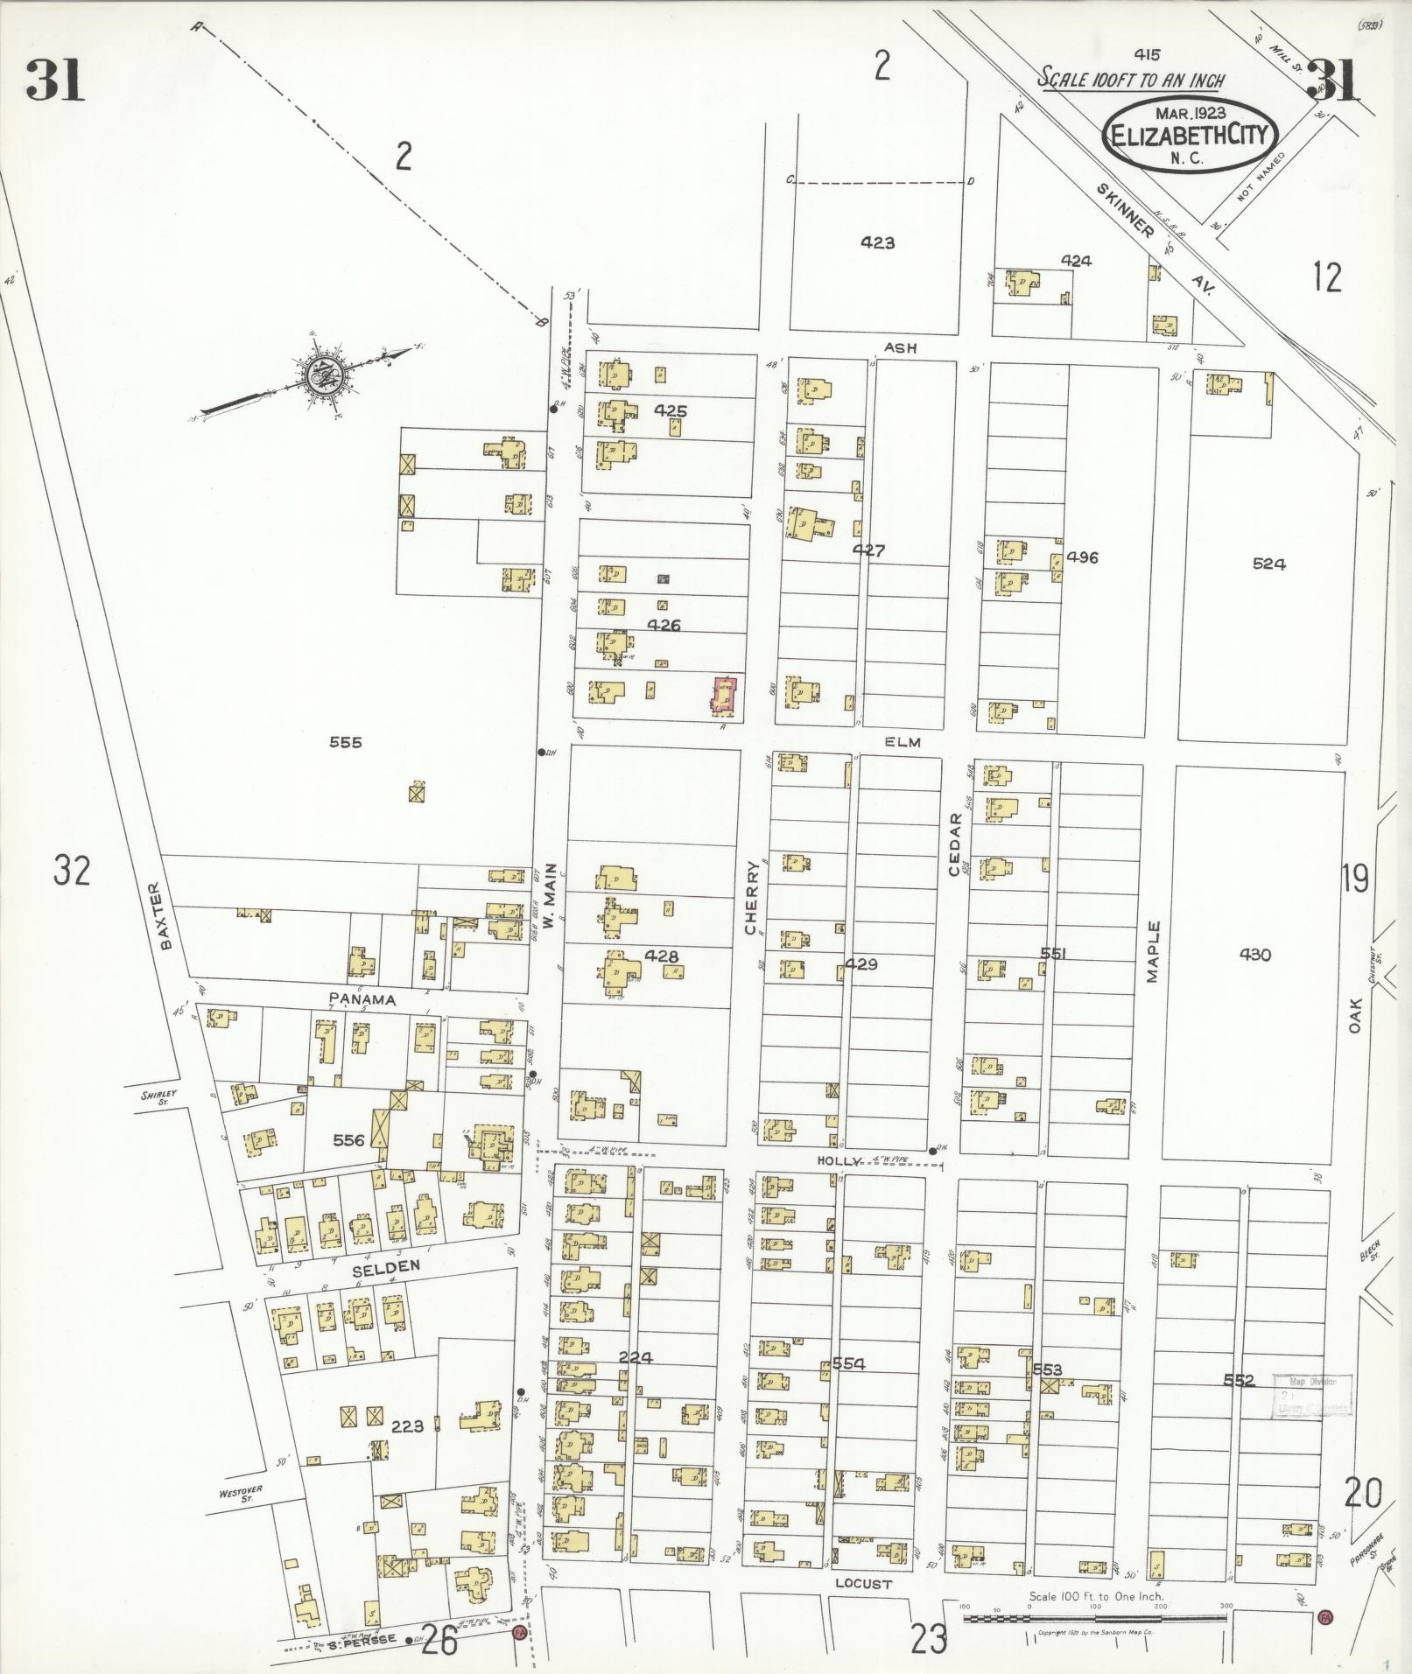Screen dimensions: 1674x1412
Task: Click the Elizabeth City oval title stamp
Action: pos(1190,135)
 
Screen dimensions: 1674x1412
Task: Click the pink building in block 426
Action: pos(724,697)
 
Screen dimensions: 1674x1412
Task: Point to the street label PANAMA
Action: pos(362,998)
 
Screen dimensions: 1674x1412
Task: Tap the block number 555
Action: pos(345,743)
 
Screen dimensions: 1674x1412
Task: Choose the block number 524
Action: pos(1268,564)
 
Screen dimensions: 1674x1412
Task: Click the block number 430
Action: pos(1254,955)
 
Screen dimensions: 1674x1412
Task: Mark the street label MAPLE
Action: pos(1153,951)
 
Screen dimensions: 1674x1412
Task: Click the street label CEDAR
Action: pos(954,844)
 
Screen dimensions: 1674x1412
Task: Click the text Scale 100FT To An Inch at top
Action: pos(1131,79)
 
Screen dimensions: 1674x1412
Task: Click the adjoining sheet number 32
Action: pos(72,871)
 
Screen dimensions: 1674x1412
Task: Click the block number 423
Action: pos(876,243)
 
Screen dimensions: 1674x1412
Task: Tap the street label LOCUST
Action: pos(863,1584)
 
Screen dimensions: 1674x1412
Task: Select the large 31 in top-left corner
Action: pos(55,81)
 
